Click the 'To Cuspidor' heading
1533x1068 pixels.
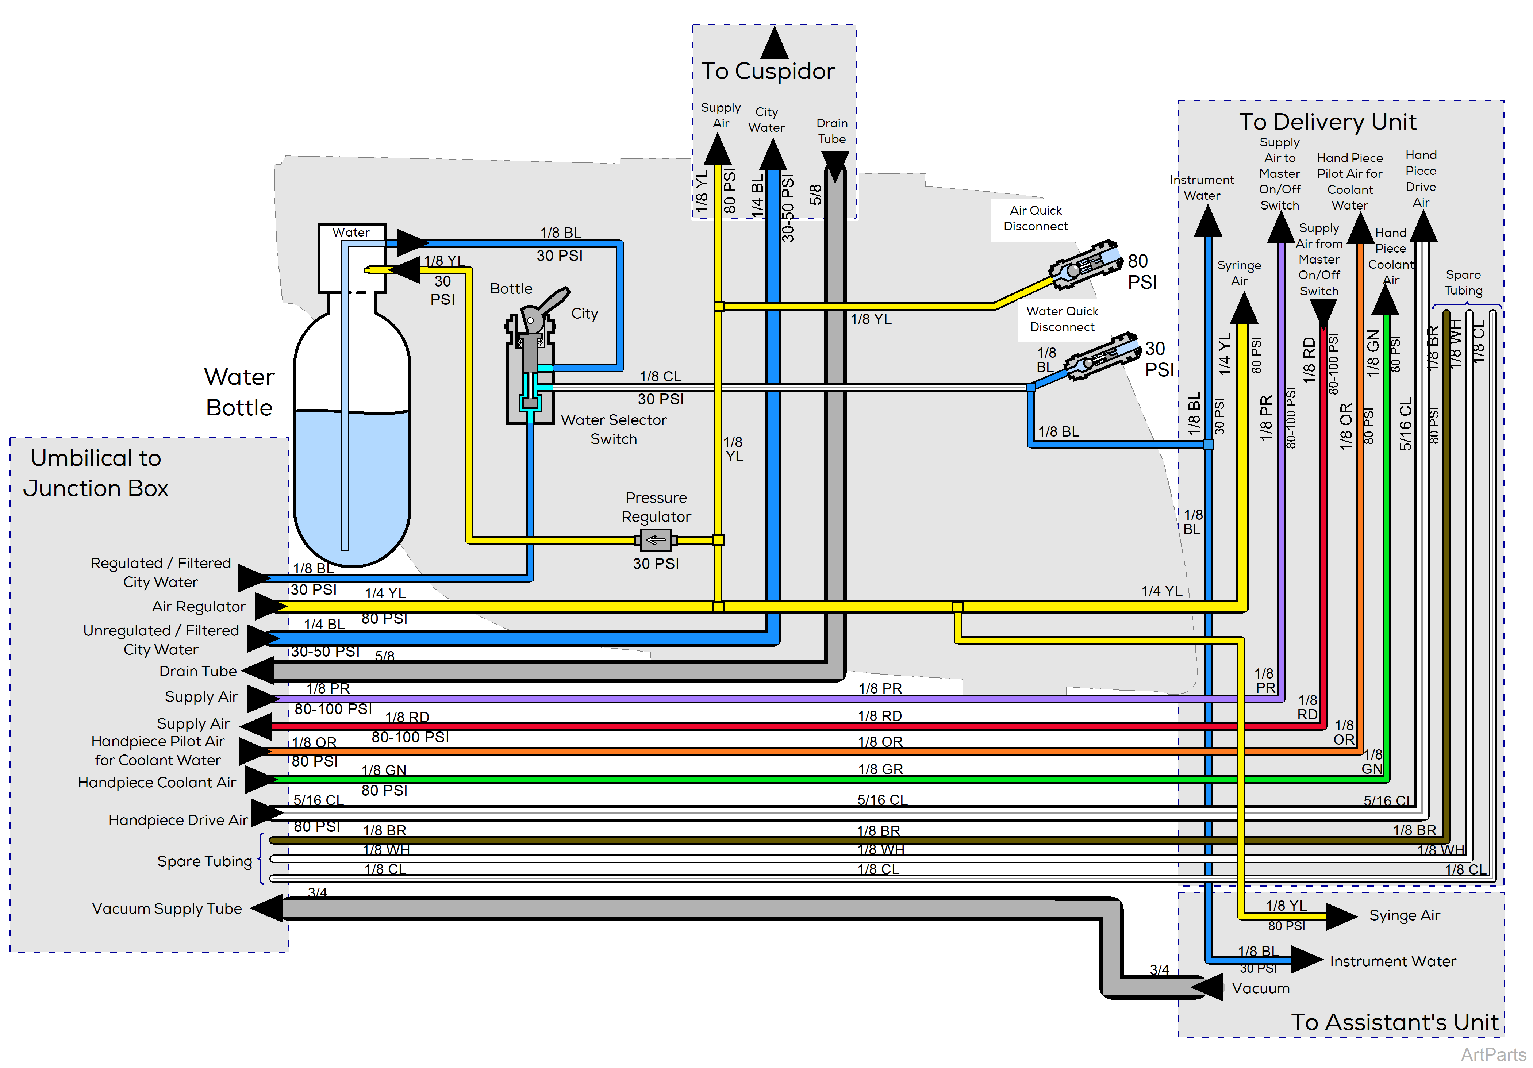[x=768, y=71]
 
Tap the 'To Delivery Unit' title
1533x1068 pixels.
[x=1328, y=122]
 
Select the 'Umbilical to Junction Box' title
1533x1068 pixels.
[x=96, y=473]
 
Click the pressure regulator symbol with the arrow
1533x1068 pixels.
[x=656, y=540]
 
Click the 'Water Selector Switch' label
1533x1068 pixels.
[x=614, y=429]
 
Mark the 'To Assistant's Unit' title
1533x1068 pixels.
[x=1394, y=1022]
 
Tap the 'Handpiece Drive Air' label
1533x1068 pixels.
[x=178, y=820]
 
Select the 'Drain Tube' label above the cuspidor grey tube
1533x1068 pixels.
[x=832, y=131]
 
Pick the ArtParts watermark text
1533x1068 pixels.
[x=1493, y=1054]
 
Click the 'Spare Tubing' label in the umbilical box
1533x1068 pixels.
[x=204, y=861]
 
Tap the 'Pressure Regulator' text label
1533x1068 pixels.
[x=656, y=507]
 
